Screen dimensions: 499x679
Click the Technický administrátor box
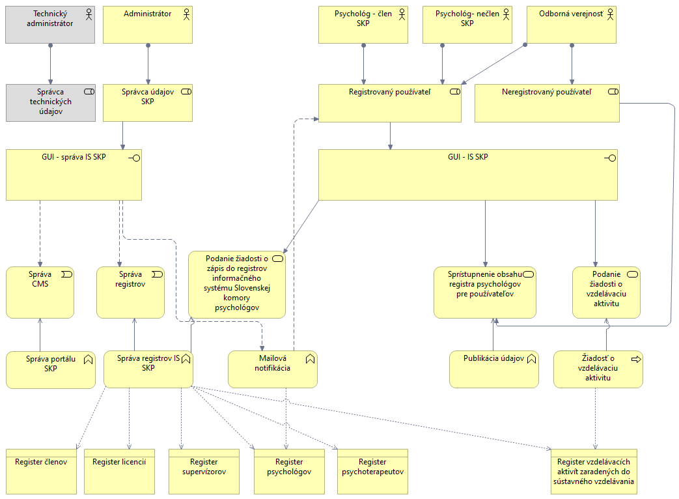click(50, 25)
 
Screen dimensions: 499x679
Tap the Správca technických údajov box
click(50, 102)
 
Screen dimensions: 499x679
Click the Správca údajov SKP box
click(148, 102)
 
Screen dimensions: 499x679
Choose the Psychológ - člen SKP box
click(363, 25)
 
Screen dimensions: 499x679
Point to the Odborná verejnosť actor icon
click(610, 13)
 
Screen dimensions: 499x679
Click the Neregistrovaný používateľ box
click(547, 103)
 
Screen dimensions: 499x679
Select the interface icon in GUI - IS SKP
click(611, 158)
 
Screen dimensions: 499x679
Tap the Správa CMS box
click(40, 292)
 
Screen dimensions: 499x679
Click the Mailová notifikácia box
click(273, 369)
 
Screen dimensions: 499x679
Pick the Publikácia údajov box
click(494, 369)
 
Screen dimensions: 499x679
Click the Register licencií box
click(119, 471)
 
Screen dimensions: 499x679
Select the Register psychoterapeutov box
click(372, 471)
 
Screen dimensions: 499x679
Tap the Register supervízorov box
click(204, 471)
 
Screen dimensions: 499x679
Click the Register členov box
click(41, 471)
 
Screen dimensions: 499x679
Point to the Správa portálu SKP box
click(51, 369)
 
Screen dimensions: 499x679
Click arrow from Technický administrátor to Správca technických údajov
click(50, 64)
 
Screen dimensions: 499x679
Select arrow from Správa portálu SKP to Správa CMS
click(40, 335)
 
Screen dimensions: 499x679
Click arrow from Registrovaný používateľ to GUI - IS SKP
click(390, 135)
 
